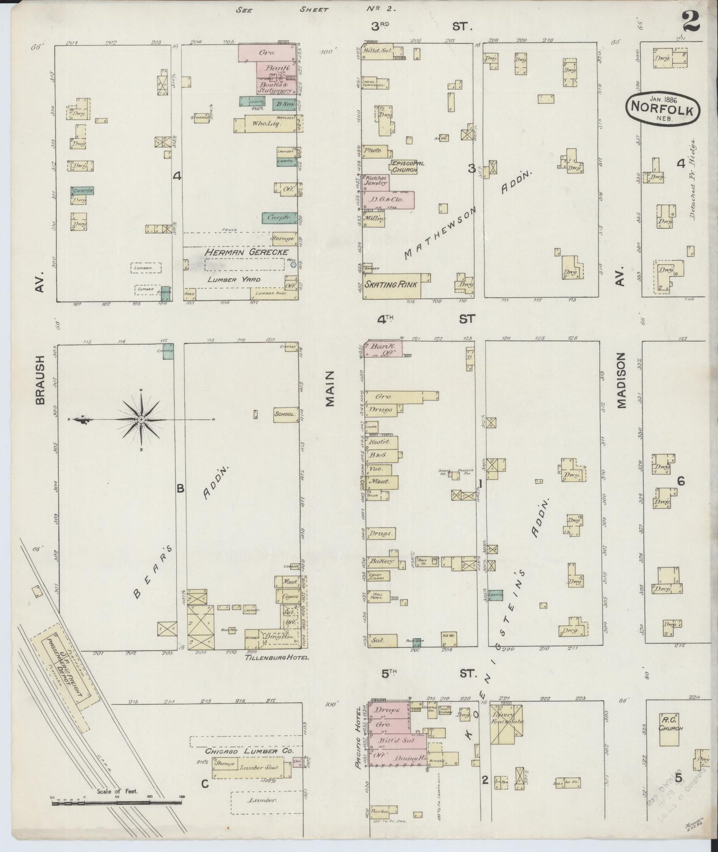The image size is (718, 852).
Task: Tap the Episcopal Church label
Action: pyautogui.click(x=403, y=166)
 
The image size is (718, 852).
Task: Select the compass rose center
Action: pyautogui.click(x=142, y=420)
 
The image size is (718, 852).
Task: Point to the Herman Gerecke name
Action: pyautogui.click(x=246, y=253)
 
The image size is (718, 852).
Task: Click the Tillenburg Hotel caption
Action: pyautogui.click(x=277, y=657)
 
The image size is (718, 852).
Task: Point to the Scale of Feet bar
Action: pyautogui.click(x=117, y=801)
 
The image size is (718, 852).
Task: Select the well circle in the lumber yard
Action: pyautogui.click(x=293, y=264)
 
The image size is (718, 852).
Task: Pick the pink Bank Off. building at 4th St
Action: pyautogui.click(x=383, y=349)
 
